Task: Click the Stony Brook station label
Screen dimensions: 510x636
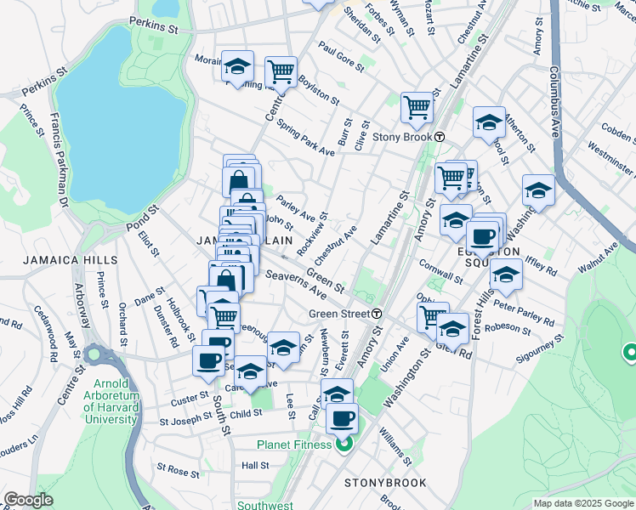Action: point(403,138)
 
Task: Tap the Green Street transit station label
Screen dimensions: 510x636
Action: point(338,314)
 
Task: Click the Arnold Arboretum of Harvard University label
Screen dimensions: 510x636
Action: point(111,402)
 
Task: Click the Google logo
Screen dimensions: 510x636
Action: point(28,500)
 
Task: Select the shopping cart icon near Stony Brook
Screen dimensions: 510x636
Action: point(417,107)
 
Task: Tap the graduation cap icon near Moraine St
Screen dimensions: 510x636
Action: point(237,65)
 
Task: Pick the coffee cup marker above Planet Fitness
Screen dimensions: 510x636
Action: point(343,417)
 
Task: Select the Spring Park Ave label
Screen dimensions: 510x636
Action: point(304,137)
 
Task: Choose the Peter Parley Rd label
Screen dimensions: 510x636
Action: point(524,312)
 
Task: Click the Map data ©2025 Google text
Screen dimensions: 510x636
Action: point(582,503)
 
